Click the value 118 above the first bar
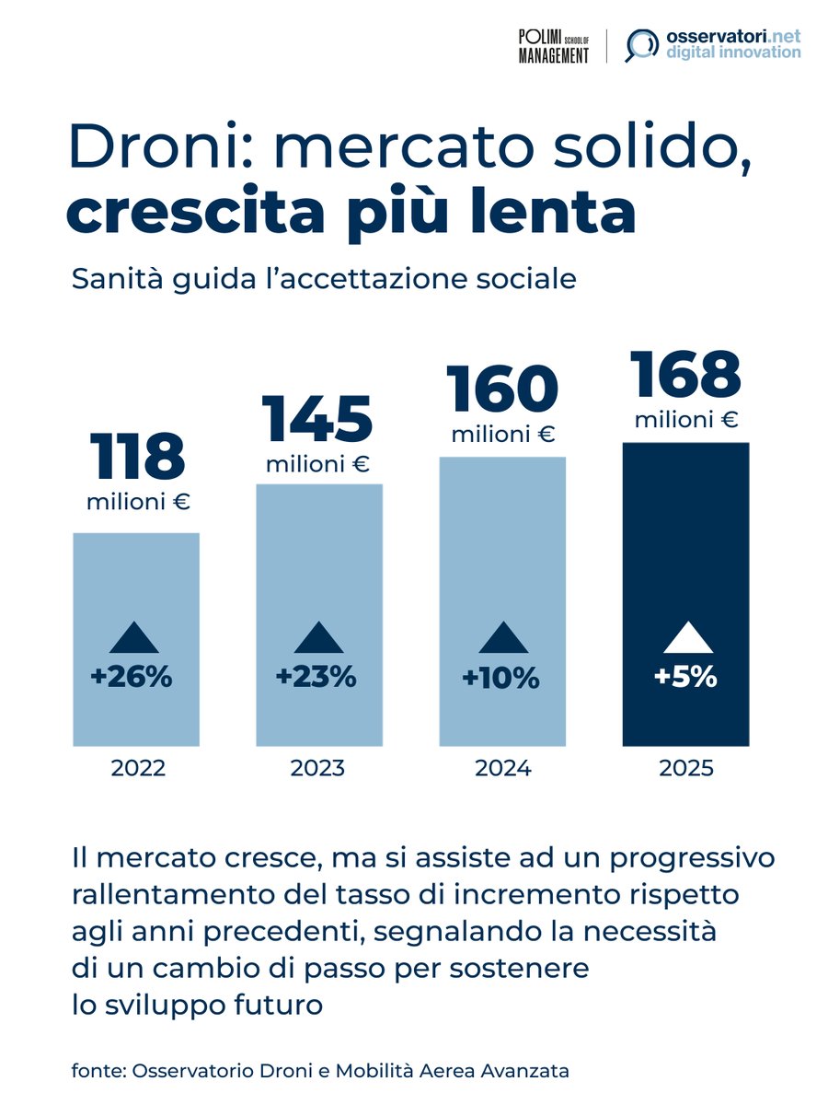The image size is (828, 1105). pos(137,459)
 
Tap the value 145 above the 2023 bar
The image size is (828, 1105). pos(317,419)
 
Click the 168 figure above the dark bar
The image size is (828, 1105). pos(685,376)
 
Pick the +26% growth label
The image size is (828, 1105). pos(132,678)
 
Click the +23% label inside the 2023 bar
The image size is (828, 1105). pos(316,678)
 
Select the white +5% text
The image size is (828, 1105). pos(685,678)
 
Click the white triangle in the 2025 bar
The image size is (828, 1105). pos(685,638)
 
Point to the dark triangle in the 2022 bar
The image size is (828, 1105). pos(135,638)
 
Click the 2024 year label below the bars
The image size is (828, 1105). pos(502,768)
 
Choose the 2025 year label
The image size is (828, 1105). pos(686,768)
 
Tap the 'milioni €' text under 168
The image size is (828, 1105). pos(686,421)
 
